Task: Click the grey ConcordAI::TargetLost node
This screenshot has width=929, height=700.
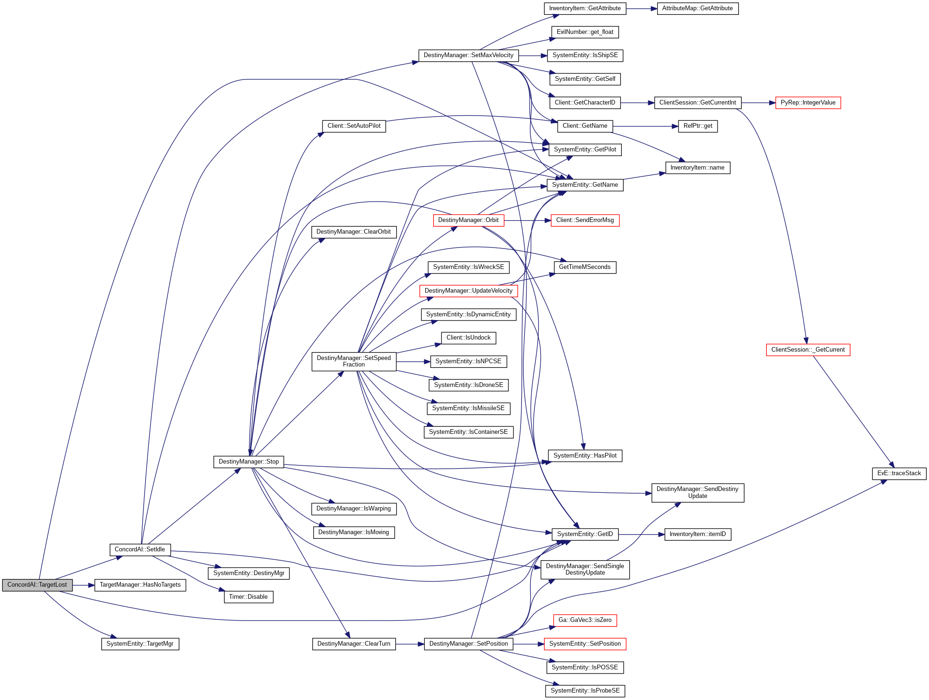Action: click(x=37, y=585)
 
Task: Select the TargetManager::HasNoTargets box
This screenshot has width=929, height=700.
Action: click(x=140, y=585)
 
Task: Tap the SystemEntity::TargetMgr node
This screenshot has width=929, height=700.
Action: click(x=140, y=644)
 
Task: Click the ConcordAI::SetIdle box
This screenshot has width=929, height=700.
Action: click(x=140, y=550)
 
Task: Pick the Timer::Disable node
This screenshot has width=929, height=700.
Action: click(x=248, y=597)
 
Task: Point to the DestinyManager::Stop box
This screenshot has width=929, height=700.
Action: click(x=249, y=462)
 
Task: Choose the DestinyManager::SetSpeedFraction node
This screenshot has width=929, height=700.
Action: click(x=354, y=361)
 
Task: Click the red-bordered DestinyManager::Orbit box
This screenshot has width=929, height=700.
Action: click(x=468, y=220)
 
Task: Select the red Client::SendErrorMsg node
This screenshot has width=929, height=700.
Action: click(x=585, y=220)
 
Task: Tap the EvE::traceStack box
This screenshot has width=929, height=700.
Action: click(x=899, y=473)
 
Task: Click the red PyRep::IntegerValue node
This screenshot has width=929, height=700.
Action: click(x=808, y=103)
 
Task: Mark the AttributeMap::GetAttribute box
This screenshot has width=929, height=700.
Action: click(x=697, y=8)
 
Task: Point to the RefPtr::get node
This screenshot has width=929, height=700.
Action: click(x=698, y=126)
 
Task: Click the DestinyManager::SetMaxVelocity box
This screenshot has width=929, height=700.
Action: click(x=468, y=55)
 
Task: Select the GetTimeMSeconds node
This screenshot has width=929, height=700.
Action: click(x=585, y=267)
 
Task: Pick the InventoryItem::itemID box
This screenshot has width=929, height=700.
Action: click(x=698, y=534)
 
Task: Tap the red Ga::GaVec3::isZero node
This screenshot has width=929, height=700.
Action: click(x=585, y=620)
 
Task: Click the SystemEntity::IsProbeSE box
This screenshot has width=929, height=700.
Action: click(x=585, y=691)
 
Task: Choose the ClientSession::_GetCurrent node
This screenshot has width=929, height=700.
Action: click(x=808, y=350)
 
